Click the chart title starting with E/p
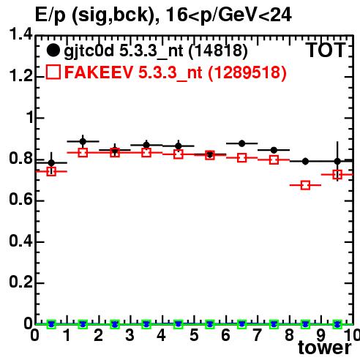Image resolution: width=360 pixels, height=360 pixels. click(163, 15)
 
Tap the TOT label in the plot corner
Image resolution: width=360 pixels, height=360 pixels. click(326, 50)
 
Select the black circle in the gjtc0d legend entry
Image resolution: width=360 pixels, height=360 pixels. click(53, 50)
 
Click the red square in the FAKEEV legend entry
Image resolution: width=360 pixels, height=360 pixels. click(53, 72)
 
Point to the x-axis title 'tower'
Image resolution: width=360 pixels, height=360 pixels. click(325, 348)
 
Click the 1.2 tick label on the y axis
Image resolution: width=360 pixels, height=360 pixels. click(20, 75)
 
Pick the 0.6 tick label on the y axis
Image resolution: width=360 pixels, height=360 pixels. click(20, 199)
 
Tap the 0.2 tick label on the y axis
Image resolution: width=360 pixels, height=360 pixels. click(20, 282)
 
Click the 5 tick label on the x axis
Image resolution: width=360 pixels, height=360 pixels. click(194, 335)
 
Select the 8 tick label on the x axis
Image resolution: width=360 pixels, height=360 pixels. click(289, 335)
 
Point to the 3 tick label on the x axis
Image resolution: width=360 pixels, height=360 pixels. click(130, 335)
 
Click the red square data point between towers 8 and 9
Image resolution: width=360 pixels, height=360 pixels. click(305, 185)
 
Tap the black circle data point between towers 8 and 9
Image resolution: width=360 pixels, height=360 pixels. click(305, 161)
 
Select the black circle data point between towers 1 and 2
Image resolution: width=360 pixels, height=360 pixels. click(83, 141)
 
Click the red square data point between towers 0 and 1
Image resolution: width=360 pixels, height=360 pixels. click(51, 171)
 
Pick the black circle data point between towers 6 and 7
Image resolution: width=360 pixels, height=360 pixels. click(241, 143)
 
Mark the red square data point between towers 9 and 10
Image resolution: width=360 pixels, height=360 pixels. click(337, 175)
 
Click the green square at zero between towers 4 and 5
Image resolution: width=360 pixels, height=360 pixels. click(179, 324)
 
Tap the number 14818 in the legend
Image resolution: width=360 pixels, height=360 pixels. click(218, 50)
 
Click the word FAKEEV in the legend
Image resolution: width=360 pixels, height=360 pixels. click(99, 72)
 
